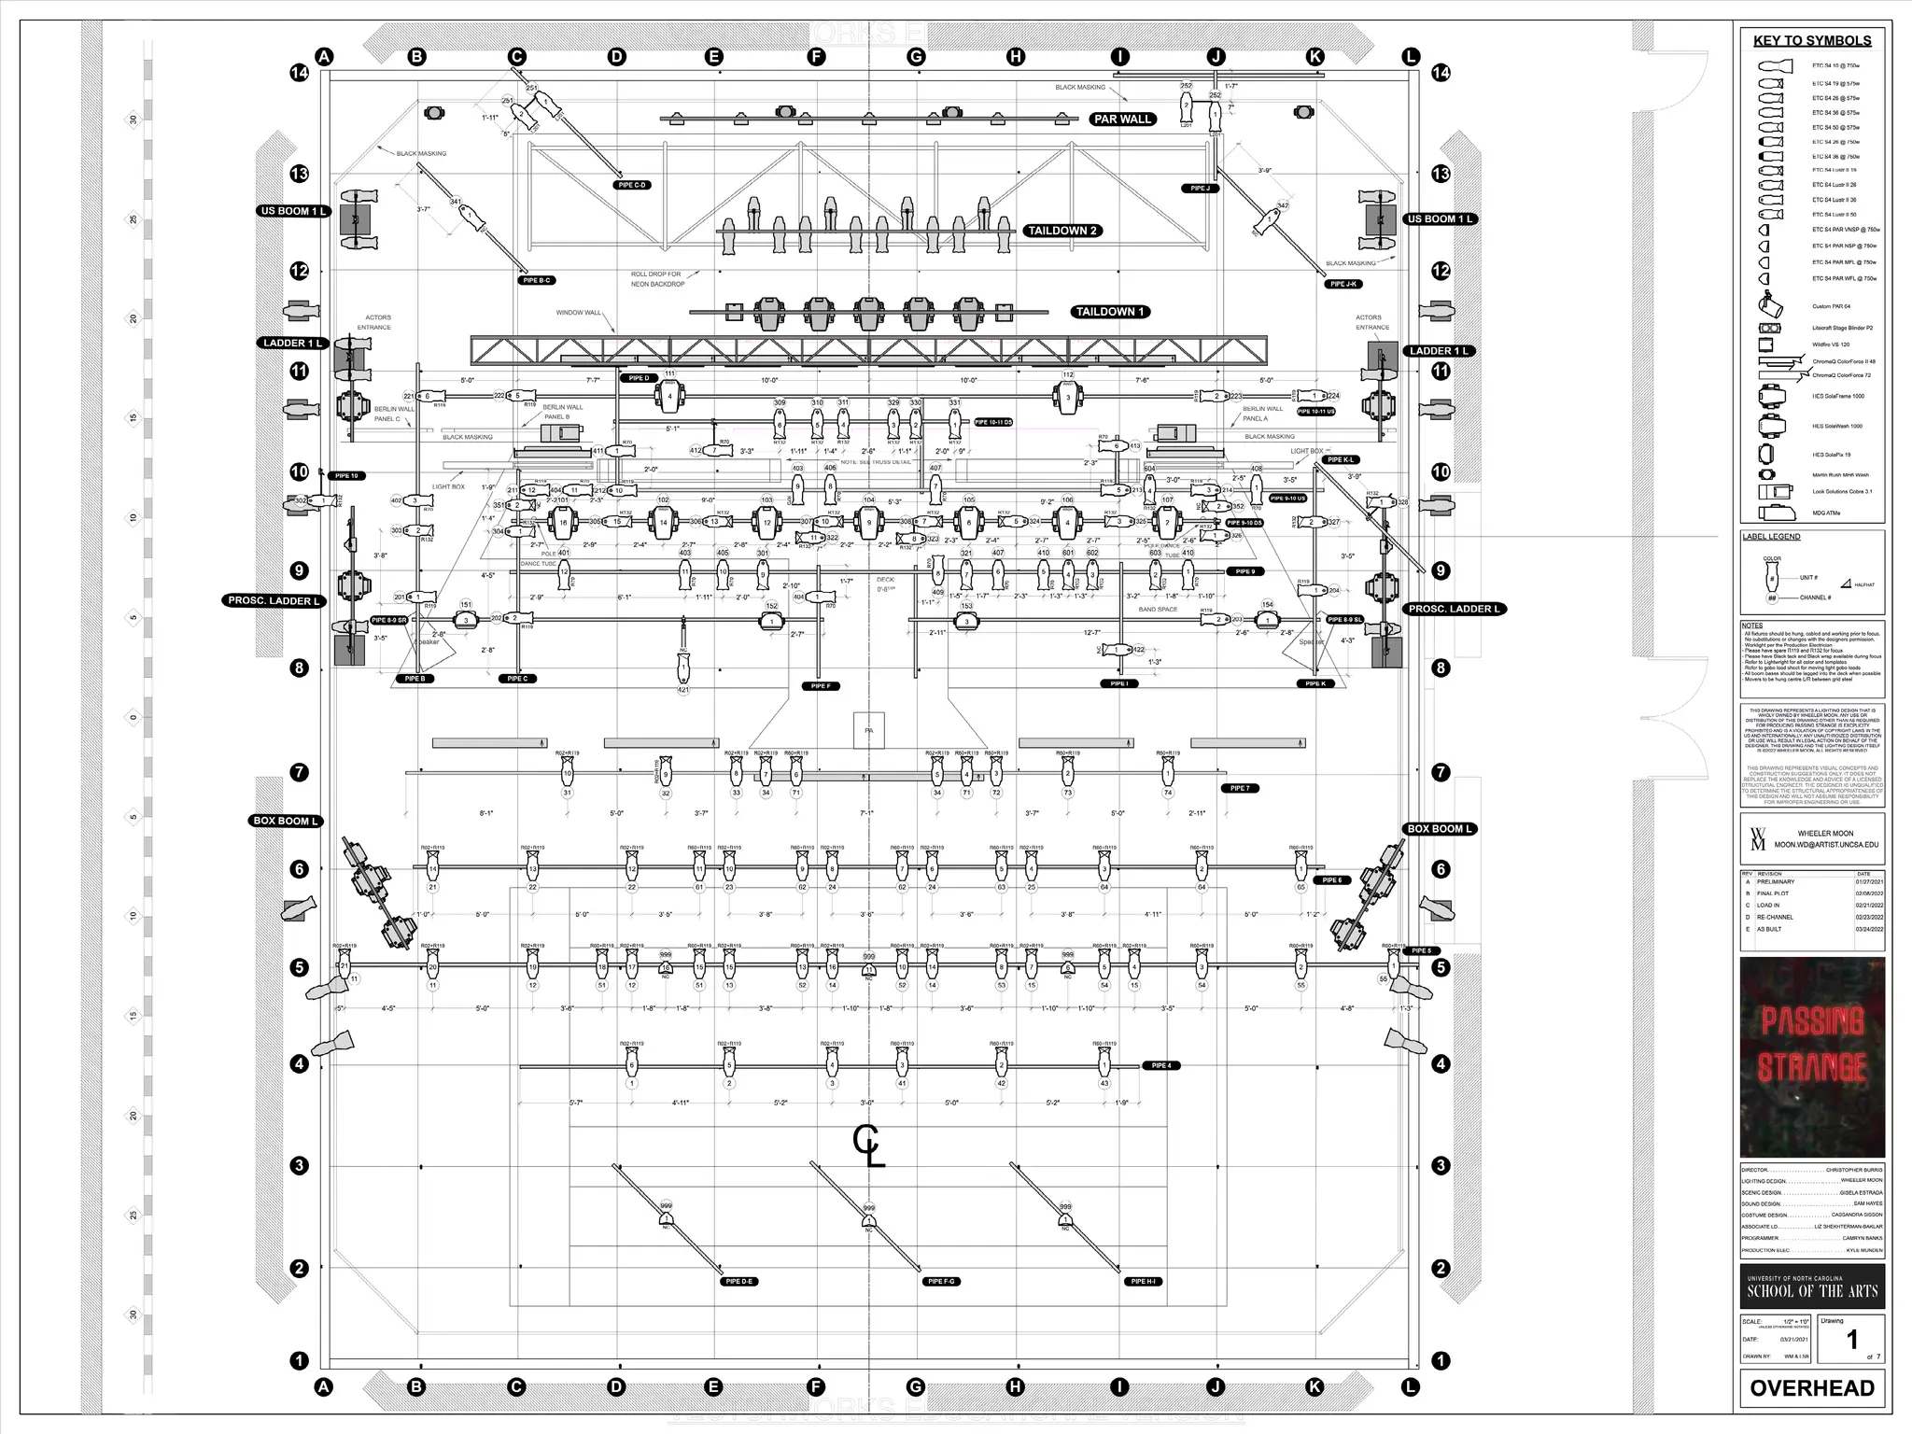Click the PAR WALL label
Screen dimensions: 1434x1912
coord(1122,119)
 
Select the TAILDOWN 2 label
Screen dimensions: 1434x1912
coord(1062,231)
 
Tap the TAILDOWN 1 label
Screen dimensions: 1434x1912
coord(1109,312)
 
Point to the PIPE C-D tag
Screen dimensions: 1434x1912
coord(632,185)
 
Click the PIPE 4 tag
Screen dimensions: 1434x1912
coord(1161,1065)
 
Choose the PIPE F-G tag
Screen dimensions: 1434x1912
coord(941,1282)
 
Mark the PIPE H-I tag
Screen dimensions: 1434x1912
coord(1144,1282)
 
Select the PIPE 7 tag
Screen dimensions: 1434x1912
coord(1240,788)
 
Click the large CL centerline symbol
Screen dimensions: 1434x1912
coord(868,1146)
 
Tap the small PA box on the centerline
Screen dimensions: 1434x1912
coord(869,730)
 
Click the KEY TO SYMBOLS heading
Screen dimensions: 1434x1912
coord(1811,40)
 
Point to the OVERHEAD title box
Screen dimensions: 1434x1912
coord(1811,1388)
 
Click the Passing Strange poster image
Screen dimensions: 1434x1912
coord(1811,1057)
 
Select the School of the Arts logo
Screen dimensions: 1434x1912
coord(1811,1286)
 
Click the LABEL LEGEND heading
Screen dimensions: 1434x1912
coord(1771,537)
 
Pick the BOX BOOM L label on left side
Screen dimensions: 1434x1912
coord(287,821)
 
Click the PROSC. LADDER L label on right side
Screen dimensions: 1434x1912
coord(1454,609)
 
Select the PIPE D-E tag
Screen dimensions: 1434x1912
coord(738,1282)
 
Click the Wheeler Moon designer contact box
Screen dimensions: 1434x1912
coord(1811,838)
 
